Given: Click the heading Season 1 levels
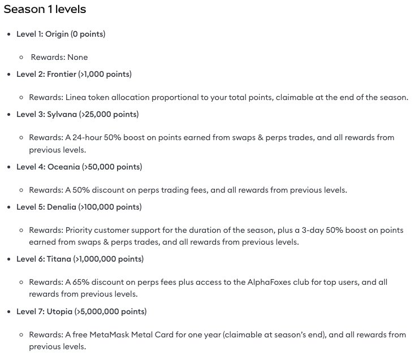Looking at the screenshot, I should pyautogui.click(x=45, y=10).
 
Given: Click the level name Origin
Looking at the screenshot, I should pyautogui.click(x=57, y=34).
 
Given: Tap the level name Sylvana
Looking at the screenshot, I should pyautogui.click(x=61, y=114).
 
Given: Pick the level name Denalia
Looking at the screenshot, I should pyautogui.click(x=62, y=207).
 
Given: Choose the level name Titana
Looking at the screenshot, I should pyautogui.click(x=58, y=259).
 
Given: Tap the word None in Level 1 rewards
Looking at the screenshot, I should pyautogui.click(x=77, y=57).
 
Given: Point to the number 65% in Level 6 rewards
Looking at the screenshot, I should pyautogui.click(x=81, y=282).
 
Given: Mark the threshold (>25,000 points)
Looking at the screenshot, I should pyautogui.click(x=110, y=114).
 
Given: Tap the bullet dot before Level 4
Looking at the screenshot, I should pyautogui.click(x=8, y=167).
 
